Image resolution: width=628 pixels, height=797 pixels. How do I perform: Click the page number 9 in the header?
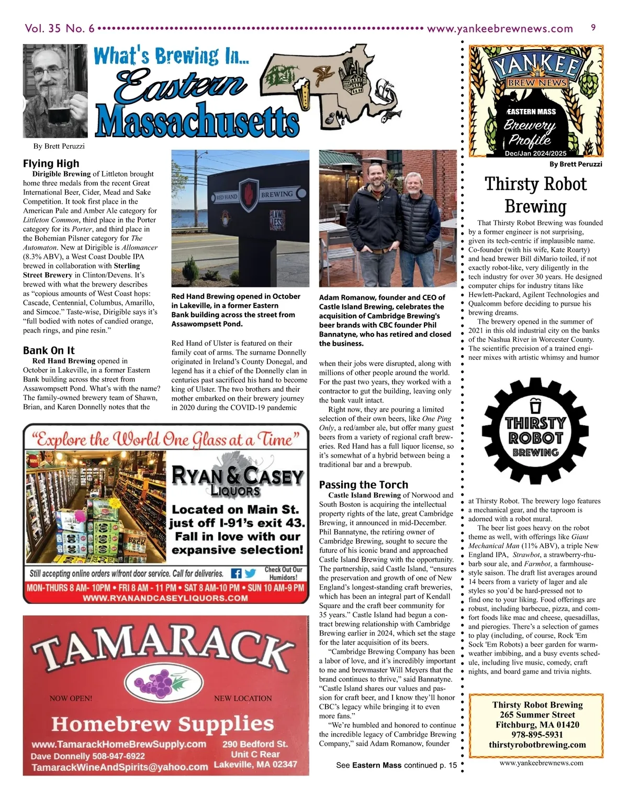tap(593, 27)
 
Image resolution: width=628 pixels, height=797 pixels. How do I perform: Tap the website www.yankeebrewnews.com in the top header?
tap(500, 28)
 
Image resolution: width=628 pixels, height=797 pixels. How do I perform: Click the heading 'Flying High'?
tap(51, 163)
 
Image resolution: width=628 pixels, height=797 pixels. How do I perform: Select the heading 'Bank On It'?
tap(49, 350)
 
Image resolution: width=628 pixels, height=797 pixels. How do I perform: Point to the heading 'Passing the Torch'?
tap(363, 484)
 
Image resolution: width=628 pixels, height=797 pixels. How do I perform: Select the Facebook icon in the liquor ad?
tap(236, 573)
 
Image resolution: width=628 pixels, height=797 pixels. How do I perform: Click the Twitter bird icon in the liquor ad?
tap(250, 573)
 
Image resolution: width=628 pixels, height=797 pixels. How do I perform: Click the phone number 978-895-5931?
tap(537, 735)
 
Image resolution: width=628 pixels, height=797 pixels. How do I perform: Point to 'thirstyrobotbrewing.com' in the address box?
tap(537, 745)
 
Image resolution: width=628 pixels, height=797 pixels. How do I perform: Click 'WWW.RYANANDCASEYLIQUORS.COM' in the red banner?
tap(165, 597)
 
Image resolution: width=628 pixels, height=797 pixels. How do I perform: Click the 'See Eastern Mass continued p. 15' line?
tap(396, 765)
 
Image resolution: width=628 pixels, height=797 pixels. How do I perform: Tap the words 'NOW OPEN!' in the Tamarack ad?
tap(71, 698)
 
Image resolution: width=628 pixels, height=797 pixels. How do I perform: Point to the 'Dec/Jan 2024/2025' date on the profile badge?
tap(535, 153)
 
